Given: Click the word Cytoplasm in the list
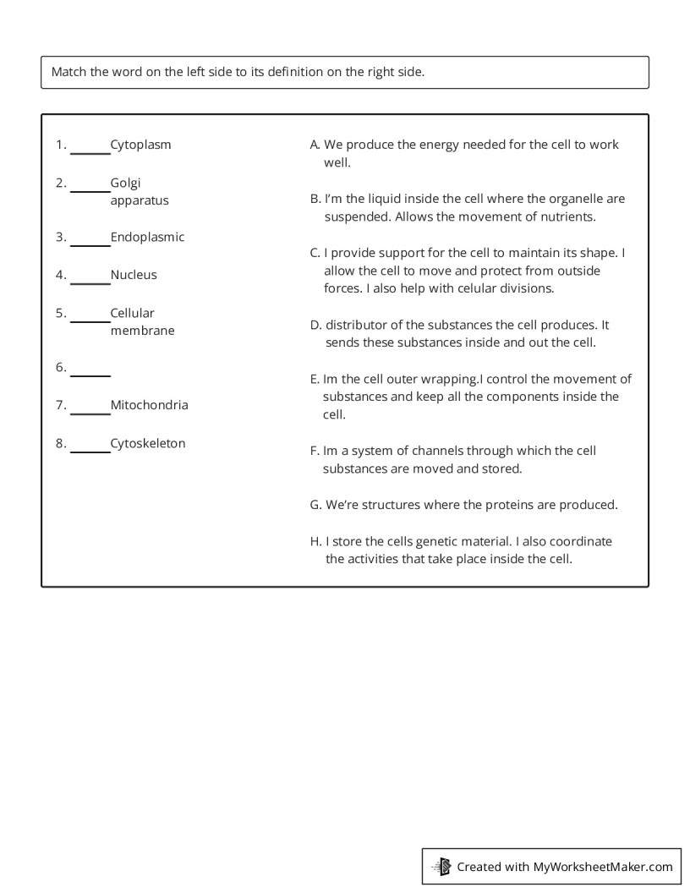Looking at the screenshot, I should tap(140, 145).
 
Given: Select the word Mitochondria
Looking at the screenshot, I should tap(149, 405).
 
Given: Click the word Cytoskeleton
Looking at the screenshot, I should tap(147, 443).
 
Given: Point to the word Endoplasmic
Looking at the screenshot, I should tap(147, 238).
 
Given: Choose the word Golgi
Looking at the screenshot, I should tap(125, 183).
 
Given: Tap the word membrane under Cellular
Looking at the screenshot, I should tap(142, 331).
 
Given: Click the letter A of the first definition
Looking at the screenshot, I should tap(315, 145).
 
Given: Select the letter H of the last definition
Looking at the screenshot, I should tap(315, 541).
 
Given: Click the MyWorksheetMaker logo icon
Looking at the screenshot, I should tap(442, 867).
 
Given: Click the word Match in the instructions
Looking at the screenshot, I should tap(68, 72).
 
